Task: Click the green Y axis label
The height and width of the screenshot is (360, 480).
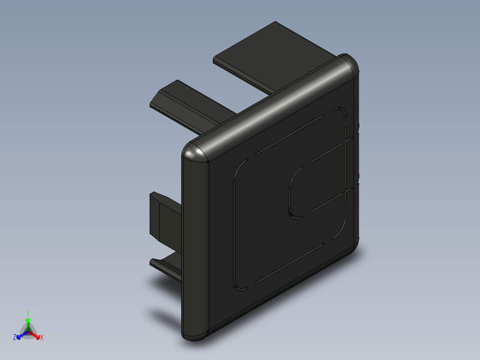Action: point(28,313)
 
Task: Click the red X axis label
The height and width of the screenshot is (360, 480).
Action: point(41,337)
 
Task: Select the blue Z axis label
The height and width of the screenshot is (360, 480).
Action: point(15,337)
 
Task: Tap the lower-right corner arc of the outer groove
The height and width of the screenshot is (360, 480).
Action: point(341,228)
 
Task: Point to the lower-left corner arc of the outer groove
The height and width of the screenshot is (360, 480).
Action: point(238,284)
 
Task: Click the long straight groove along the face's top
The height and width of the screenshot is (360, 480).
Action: point(289,135)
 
